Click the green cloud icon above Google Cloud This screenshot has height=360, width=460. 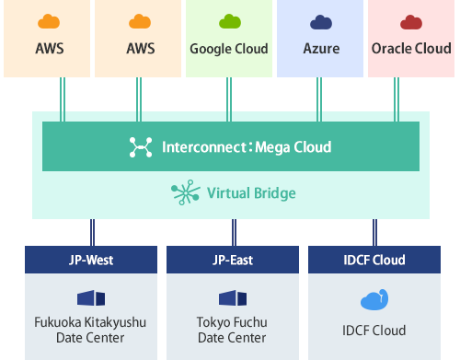[x=228, y=21]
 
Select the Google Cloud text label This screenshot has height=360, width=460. [x=228, y=49]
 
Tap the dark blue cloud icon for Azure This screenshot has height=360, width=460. [x=321, y=21]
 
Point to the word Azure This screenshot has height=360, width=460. [x=321, y=49]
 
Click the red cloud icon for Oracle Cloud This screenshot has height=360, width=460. [x=410, y=21]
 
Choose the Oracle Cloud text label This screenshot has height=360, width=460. [x=410, y=49]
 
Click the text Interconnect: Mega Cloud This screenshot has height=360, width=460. [x=246, y=146]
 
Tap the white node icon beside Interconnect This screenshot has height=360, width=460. [x=140, y=146]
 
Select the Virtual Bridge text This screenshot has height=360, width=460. [x=251, y=194]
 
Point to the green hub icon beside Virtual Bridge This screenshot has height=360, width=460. [x=184, y=193]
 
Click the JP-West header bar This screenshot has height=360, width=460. [x=91, y=260]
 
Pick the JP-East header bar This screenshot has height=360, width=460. [x=232, y=260]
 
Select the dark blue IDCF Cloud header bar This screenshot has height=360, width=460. [x=374, y=260]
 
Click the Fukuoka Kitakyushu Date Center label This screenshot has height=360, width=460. [x=91, y=330]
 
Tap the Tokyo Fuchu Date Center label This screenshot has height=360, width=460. [x=232, y=330]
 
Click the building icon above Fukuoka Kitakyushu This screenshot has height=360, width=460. [x=91, y=298]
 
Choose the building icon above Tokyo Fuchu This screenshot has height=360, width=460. [x=232, y=298]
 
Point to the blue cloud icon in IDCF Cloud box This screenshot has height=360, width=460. [x=374, y=300]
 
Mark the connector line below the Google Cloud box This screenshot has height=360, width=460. [x=228, y=98]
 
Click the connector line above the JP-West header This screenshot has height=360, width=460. [x=91, y=232]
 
